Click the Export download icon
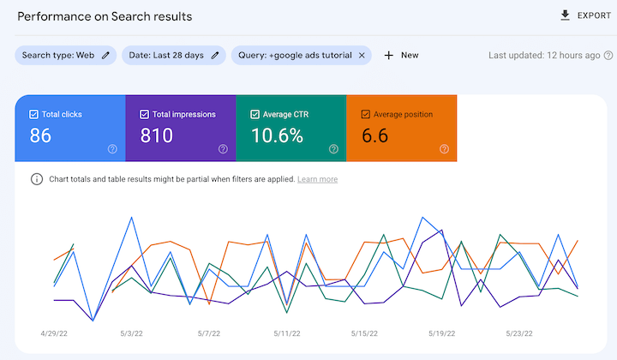565,15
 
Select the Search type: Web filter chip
65,55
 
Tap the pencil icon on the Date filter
216,55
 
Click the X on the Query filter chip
362,55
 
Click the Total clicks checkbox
33,114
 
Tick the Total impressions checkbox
144,114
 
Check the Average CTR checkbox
255,114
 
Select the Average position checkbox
365,114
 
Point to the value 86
41,135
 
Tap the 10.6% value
277,135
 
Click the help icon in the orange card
444,149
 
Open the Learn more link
317,179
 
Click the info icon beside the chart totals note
37,179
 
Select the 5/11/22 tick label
287,333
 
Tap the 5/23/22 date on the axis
518,333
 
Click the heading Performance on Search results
105,16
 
